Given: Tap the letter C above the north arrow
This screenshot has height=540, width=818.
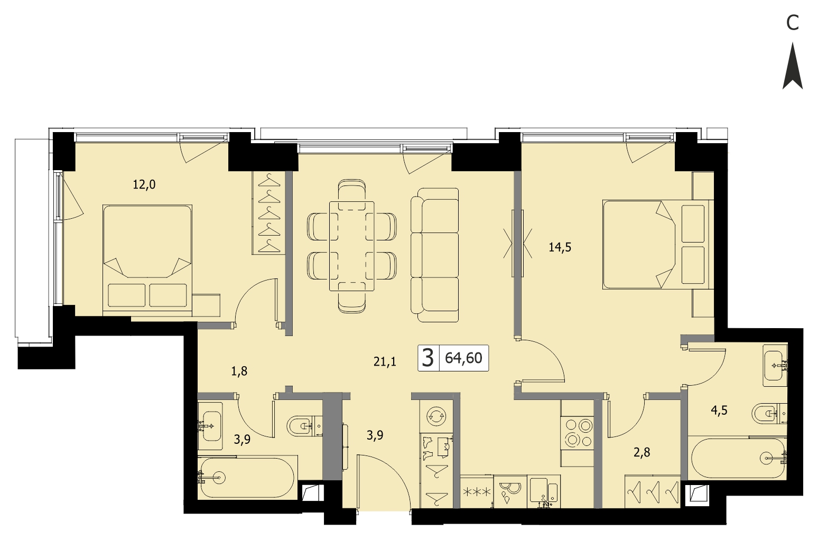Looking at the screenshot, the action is tap(793, 23).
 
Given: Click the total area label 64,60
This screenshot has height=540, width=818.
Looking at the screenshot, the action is tap(463, 358).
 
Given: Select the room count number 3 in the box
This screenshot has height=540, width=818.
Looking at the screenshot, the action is tap(427, 358).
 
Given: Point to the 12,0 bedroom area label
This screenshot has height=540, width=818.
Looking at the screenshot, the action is tap(144, 185).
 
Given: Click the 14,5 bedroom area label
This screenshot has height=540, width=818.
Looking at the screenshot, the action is tap(560, 248).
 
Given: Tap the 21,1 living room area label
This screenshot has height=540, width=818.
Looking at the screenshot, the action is tap(385, 361).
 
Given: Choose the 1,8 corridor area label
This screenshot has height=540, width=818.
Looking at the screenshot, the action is tap(239, 371).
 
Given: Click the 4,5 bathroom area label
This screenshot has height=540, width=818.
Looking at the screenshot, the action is tap(719, 411).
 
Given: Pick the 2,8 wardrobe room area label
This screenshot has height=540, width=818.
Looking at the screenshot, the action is tap(642, 452).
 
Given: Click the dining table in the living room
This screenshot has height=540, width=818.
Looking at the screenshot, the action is tap(352, 246).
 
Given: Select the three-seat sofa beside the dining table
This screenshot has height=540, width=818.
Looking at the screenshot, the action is tap(434, 255).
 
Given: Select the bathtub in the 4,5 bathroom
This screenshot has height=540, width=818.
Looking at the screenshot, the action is tap(737, 458).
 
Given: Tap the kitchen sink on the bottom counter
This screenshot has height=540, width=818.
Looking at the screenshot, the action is tap(543, 491).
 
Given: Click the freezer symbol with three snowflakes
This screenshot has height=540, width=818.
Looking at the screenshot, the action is tap(477, 491).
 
